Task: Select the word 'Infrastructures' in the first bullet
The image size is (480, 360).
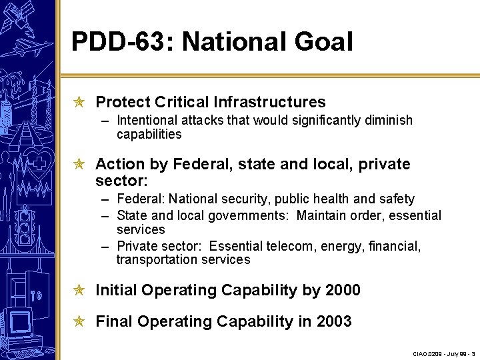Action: (270, 102)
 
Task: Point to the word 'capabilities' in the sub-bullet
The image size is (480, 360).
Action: (149, 135)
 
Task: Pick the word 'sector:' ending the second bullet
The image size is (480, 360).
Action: (121, 181)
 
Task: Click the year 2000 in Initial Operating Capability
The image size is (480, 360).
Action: (343, 291)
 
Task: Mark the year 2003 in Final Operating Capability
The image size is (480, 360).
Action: (334, 322)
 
